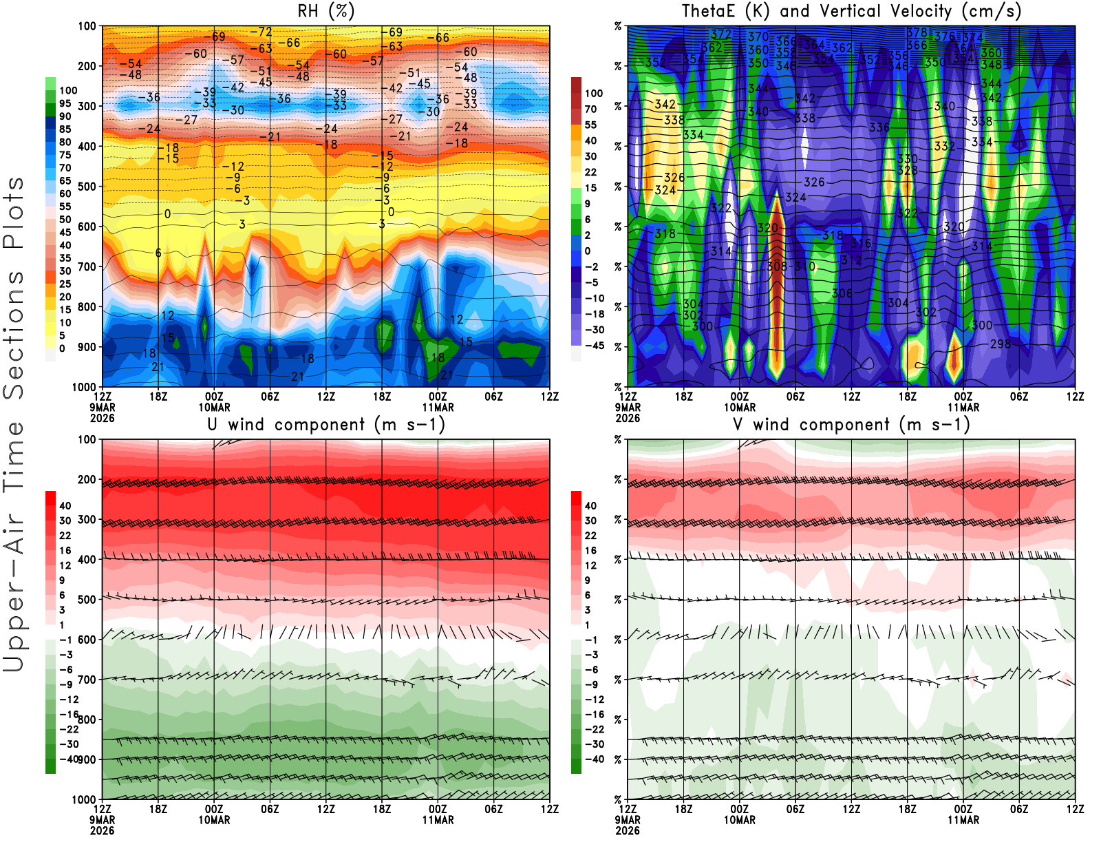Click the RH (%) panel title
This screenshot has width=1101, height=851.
[x=326, y=11]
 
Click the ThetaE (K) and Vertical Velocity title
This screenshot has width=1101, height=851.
[x=851, y=11]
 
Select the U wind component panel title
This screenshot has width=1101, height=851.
[x=326, y=424]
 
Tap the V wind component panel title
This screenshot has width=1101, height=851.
[x=851, y=424]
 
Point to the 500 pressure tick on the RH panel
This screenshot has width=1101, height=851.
[x=87, y=187]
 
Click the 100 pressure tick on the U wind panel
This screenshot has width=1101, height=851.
[x=87, y=439]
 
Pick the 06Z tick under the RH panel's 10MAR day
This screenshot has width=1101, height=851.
[x=270, y=397]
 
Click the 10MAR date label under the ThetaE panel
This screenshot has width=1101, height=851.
[x=739, y=407]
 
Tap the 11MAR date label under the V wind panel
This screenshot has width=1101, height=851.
[x=963, y=820]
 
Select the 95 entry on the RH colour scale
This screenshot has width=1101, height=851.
[x=65, y=103]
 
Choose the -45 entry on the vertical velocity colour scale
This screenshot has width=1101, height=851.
[x=595, y=346]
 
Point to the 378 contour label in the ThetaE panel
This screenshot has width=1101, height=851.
[x=917, y=32]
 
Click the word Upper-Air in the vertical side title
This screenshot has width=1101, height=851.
[x=14, y=599]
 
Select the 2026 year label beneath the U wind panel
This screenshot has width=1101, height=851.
[x=102, y=830]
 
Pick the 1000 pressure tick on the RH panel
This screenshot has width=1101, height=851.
[x=84, y=387]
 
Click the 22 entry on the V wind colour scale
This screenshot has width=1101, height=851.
[x=590, y=536]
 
